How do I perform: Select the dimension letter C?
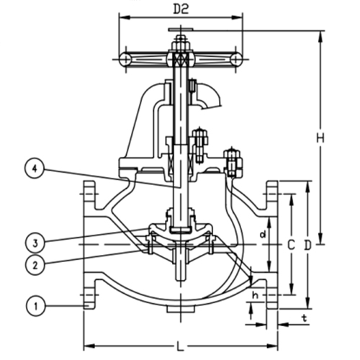point(290,245)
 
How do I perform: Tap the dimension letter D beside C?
point(307,245)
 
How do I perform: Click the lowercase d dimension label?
point(263,235)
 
